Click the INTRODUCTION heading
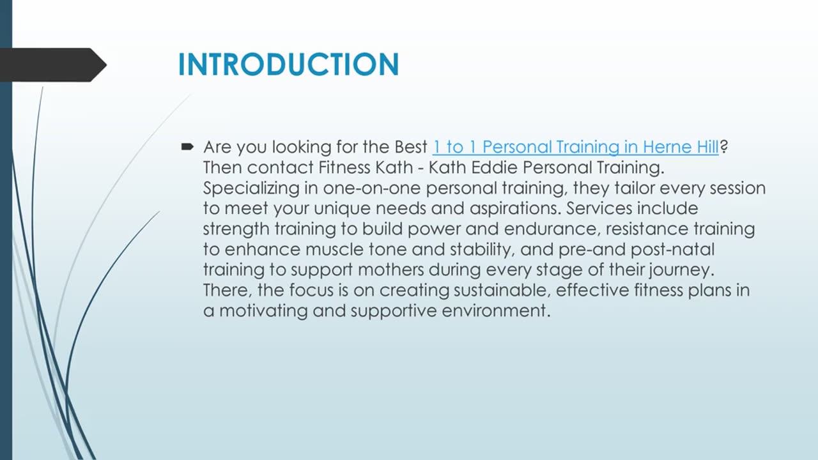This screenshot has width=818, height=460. pos(288,65)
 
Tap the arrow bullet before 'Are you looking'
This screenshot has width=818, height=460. pos(187,147)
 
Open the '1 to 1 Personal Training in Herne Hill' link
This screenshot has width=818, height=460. pos(575,147)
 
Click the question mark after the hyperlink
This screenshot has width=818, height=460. pos(724,147)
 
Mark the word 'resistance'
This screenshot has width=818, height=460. pos(645,229)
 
